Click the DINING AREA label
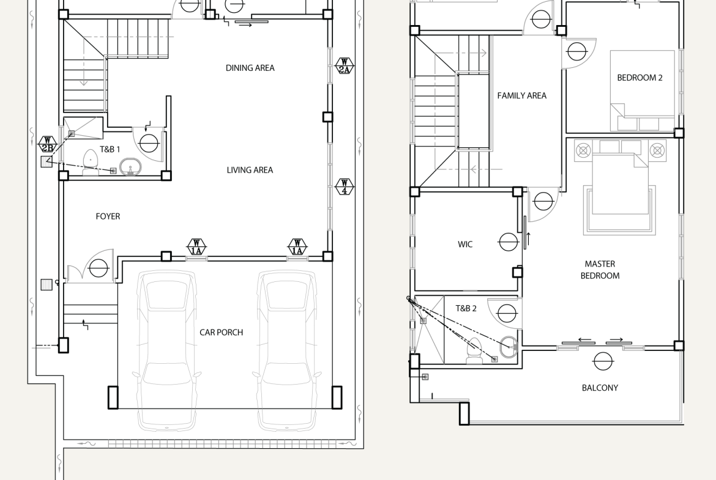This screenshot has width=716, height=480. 250,68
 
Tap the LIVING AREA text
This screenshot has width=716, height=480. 250,170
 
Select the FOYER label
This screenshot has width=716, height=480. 108,216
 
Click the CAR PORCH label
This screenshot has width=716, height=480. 221,332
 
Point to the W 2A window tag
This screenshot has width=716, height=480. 345,65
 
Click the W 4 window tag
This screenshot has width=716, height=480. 345,186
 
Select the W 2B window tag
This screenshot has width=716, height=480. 47,144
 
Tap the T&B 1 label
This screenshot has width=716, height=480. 110,149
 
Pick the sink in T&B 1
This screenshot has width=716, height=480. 130,167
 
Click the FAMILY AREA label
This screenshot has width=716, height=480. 521,96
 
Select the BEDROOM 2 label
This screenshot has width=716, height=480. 640,78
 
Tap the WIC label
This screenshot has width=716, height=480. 465,245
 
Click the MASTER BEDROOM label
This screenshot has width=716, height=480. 600,270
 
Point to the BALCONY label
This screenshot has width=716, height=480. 600,388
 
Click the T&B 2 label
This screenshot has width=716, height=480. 466,308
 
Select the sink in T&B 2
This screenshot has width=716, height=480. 509,347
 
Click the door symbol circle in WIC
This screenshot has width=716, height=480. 509,242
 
